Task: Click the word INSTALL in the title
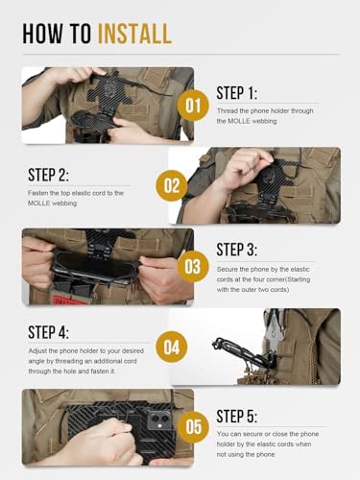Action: pyautogui.click(x=134, y=34)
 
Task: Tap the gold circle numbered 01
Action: pyautogui.click(x=192, y=106)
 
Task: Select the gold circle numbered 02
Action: pyautogui.click(x=172, y=186)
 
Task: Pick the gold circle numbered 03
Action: pyautogui.click(x=192, y=267)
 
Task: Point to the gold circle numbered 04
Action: pyautogui.click(x=172, y=348)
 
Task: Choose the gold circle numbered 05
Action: pyautogui.click(x=192, y=427)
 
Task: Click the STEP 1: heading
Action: pyautogui.click(x=237, y=93)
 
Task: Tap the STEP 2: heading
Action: pyautogui.click(x=48, y=175)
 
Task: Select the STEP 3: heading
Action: pyautogui.click(x=237, y=250)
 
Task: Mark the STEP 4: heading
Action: pyautogui.click(x=48, y=332)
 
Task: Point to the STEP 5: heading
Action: pyautogui.click(x=237, y=417)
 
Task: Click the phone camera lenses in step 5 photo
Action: pyautogui.click(x=159, y=419)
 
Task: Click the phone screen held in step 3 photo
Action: pyautogui.click(x=96, y=266)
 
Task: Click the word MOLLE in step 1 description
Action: pyautogui.click(x=238, y=121)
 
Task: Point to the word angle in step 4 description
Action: pyautogui.click(x=36, y=362)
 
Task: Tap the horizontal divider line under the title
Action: pyautogui.click(x=180, y=55)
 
